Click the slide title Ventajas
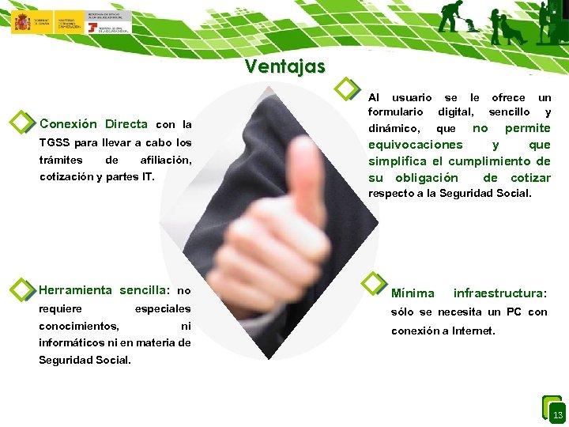pos(284,66)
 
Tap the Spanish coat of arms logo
pos(21,21)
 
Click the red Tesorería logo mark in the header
pos(93,28)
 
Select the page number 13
pos(557,415)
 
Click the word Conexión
pos(68,124)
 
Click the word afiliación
pos(165,161)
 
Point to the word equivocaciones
pos(416,145)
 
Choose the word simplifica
pos(399,161)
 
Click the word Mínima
pos(413,293)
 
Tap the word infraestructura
pos(499,293)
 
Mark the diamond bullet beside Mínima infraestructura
pos(372,282)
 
